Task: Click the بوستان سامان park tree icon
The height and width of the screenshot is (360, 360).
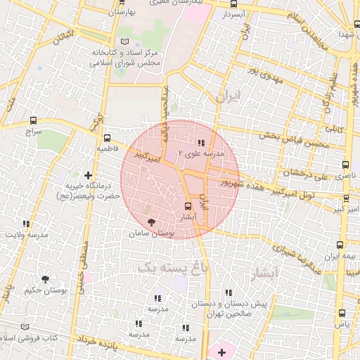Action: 152,221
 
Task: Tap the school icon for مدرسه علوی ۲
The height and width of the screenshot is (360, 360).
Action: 202,143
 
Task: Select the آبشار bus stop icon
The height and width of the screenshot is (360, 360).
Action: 187,206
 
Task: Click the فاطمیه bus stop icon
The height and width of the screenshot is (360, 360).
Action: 107,139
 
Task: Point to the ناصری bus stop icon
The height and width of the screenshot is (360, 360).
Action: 345,165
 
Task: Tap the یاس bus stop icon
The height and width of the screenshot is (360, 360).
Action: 342,314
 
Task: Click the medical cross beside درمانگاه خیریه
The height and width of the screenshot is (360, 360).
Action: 88,174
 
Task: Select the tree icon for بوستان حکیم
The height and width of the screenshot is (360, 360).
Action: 46,279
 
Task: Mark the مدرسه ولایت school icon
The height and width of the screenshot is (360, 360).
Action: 27,224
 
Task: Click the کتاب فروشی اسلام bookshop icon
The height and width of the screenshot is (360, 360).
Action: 26,327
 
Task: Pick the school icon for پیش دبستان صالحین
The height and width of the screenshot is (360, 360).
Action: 228,292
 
